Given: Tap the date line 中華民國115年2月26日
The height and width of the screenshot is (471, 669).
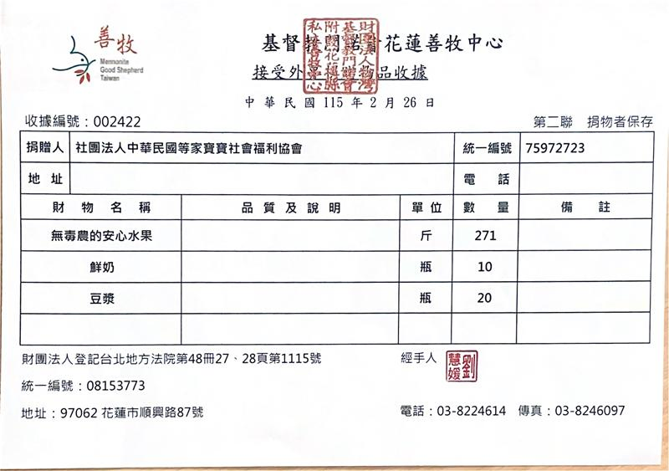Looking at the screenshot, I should click(x=340, y=103).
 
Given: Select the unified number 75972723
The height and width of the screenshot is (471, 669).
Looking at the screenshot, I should click(x=556, y=148).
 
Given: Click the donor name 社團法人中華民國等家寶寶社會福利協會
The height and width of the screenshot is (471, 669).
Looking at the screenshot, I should click(x=188, y=148).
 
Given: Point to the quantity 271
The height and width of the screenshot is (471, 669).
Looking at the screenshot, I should click(x=485, y=236).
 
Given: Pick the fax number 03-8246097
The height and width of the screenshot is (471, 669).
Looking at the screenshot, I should click(x=590, y=411).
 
